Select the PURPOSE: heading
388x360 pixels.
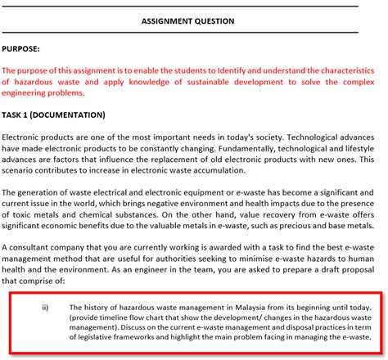(x=25, y=49)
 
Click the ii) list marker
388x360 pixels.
(x=44, y=308)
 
